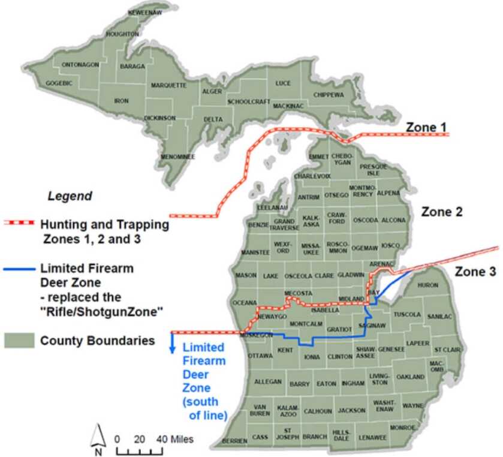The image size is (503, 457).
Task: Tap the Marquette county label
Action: coord(168,86)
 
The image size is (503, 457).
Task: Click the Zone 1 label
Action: coord(426,127)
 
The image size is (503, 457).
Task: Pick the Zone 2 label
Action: coord(441,212)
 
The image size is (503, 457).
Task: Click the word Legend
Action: coord(70,196)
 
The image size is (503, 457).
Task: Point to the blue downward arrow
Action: coord(174,344)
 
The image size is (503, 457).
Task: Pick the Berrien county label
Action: coord(234,441)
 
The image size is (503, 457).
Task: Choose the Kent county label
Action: coord(285,349)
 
